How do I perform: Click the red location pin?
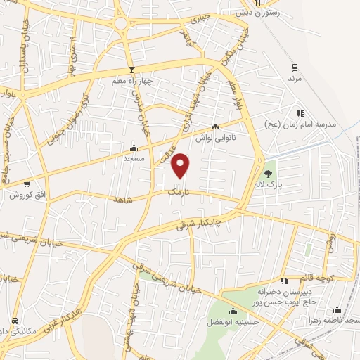[181, 165]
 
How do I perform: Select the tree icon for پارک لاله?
[266, 173]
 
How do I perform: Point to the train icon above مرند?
[295, 68]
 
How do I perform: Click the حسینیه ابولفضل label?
[233, 323]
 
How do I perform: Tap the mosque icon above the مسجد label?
[134, 148]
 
